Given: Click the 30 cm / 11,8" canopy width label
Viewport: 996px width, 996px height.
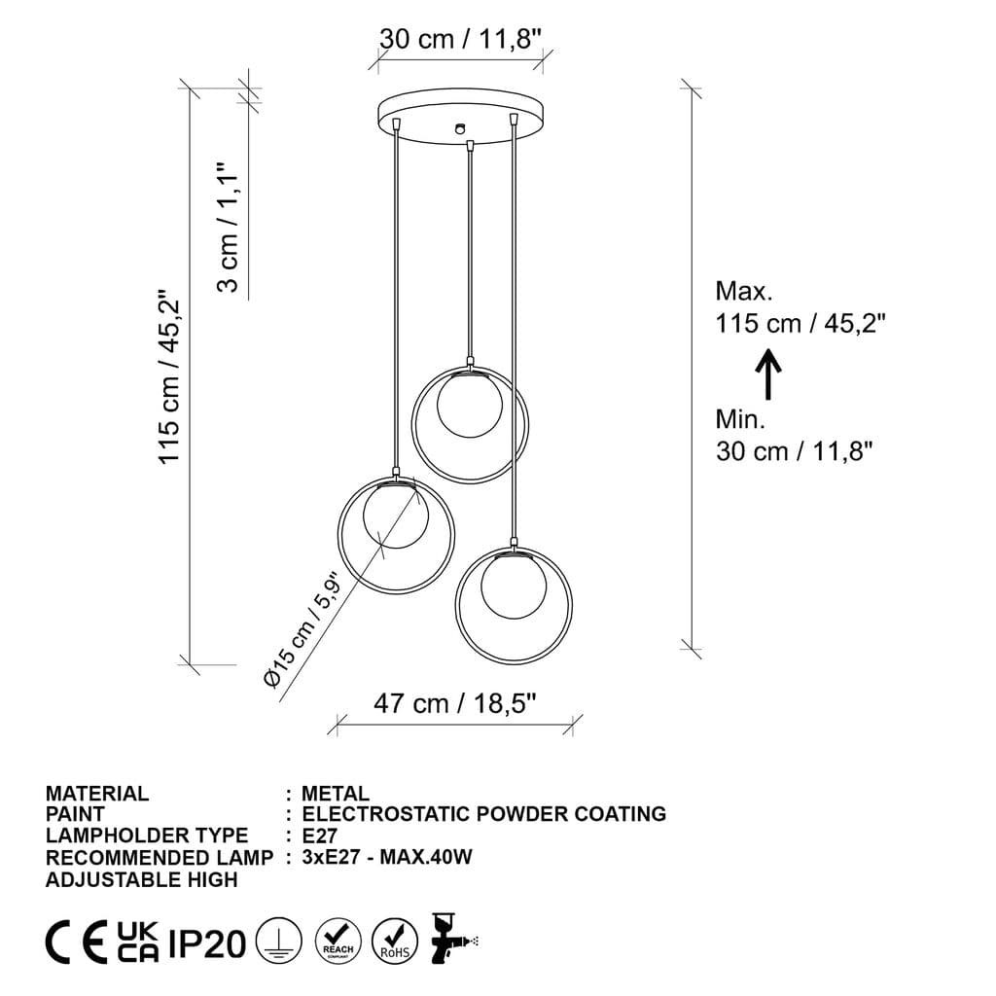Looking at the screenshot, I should coord(460,39).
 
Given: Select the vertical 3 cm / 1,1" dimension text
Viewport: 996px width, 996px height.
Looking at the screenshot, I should coord(227,227).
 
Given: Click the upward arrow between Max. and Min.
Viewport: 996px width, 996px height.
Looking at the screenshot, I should coord(768,373).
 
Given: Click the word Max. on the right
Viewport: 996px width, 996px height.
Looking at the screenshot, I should coord(744,291).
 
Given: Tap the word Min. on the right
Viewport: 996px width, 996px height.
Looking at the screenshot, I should coord(741,419).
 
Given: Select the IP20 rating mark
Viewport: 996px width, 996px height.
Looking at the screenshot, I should coord(207,943).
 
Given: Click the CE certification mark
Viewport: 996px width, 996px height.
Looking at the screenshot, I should coord(77,943).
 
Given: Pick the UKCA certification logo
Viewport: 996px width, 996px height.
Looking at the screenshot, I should coord(138,943).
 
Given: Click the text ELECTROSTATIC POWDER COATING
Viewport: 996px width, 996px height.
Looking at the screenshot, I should coord(484,814).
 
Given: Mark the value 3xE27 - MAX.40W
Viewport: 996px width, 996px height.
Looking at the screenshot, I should coord(387,857).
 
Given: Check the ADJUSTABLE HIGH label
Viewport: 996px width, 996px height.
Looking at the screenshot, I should coord(141,879).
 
